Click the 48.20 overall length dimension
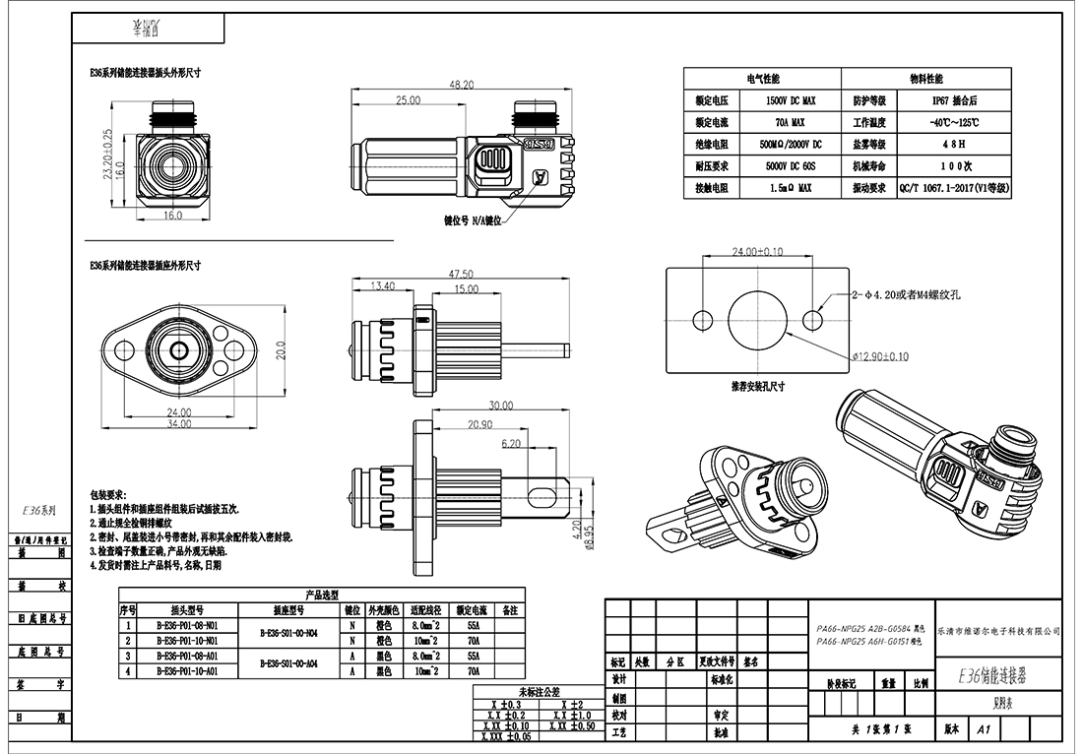[x=462, y=86]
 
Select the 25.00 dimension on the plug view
[x=408, y=100]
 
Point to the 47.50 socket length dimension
[x=461, y=274]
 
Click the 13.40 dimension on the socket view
[x=381, y=285]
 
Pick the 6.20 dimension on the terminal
[x=511, y=444]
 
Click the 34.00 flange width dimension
[x=177, y=424]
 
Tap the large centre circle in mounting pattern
[x=756, y=319]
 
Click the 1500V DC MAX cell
[x=791, y=100]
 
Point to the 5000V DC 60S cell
[x=791, y=165]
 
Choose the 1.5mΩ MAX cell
[x=791, y=187]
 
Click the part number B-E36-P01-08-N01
[x=187, y=625]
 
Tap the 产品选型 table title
[x=322, y=595]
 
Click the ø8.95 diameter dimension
[x=589, y=540]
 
